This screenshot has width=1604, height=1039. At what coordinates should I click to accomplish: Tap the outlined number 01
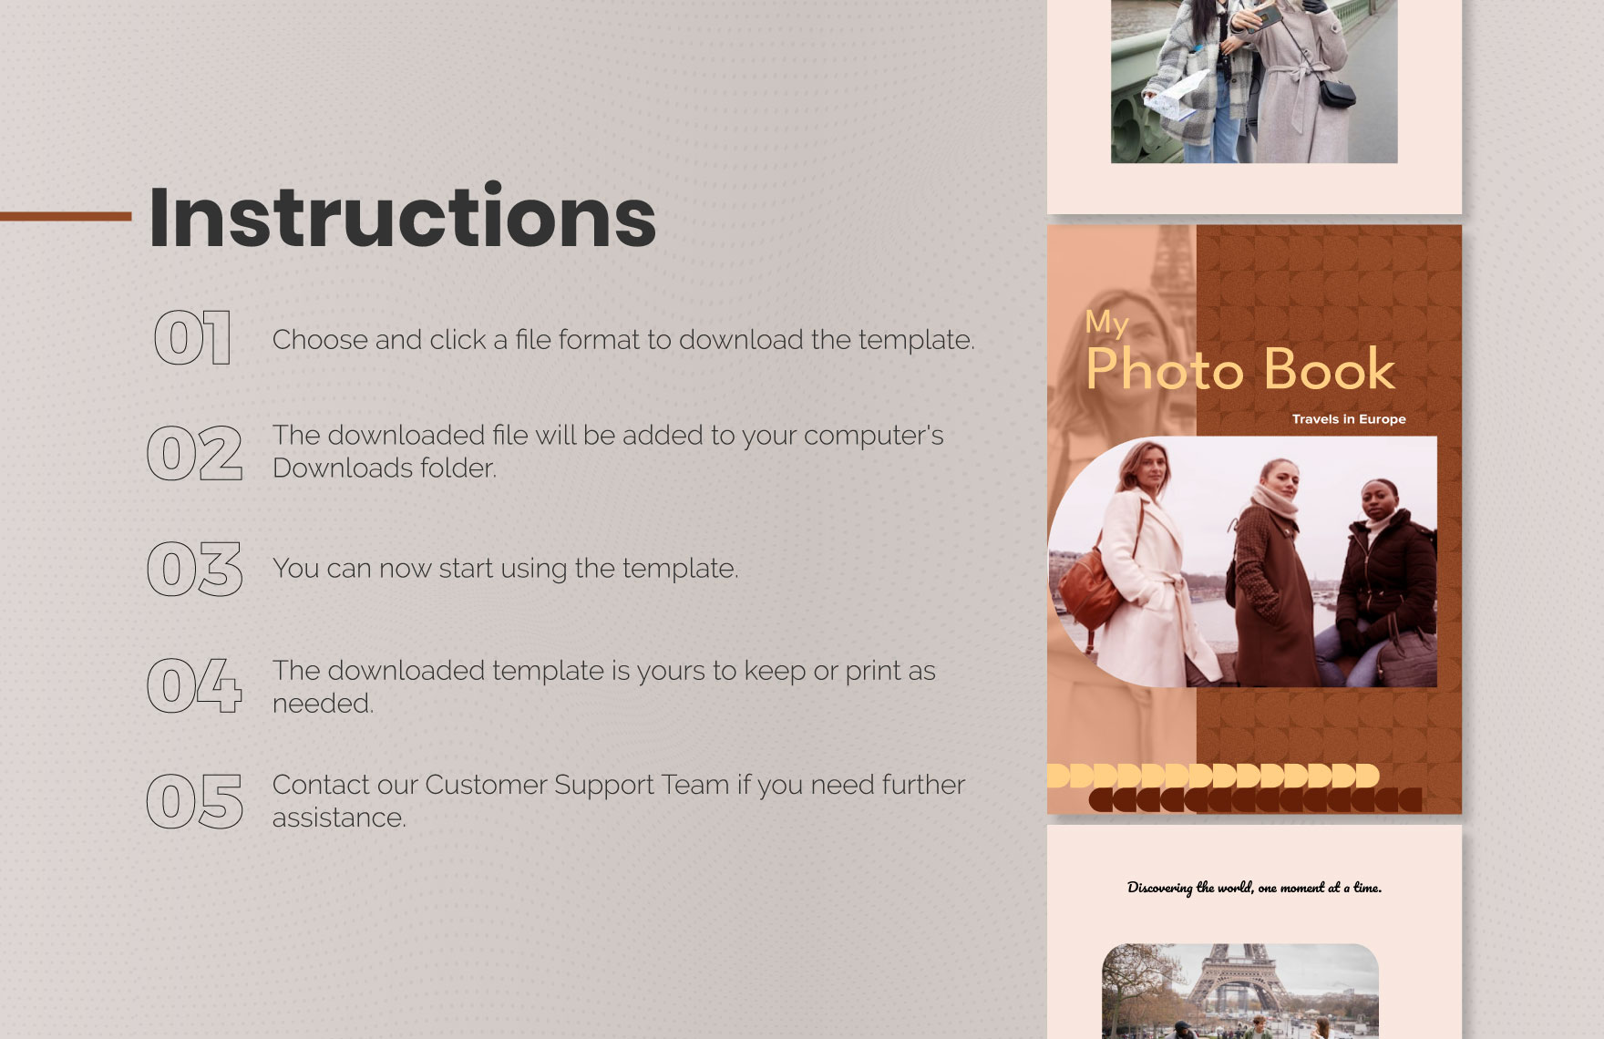[x=192, y=338]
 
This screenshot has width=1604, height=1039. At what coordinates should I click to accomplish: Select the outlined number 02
[x=195, y=453]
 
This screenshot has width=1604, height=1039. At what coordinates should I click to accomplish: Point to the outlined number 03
[x=195, y=569]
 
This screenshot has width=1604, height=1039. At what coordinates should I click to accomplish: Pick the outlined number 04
[x=195, y=685]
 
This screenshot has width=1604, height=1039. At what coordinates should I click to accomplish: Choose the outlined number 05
[x=195, y=801]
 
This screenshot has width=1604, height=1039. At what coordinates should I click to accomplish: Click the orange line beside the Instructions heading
[x=66, y=216]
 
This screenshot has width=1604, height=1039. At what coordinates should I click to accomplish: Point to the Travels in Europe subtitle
[x=1349, y=419]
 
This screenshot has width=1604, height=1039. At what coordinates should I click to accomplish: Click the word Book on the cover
[x=1330, y=369]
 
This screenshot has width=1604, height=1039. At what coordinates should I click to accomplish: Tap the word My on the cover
[x=1106, y=323]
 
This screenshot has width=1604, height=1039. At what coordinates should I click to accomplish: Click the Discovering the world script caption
[x=1254, y=887]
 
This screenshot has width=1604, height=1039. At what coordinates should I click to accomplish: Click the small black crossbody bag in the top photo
[x=1337, y=93]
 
